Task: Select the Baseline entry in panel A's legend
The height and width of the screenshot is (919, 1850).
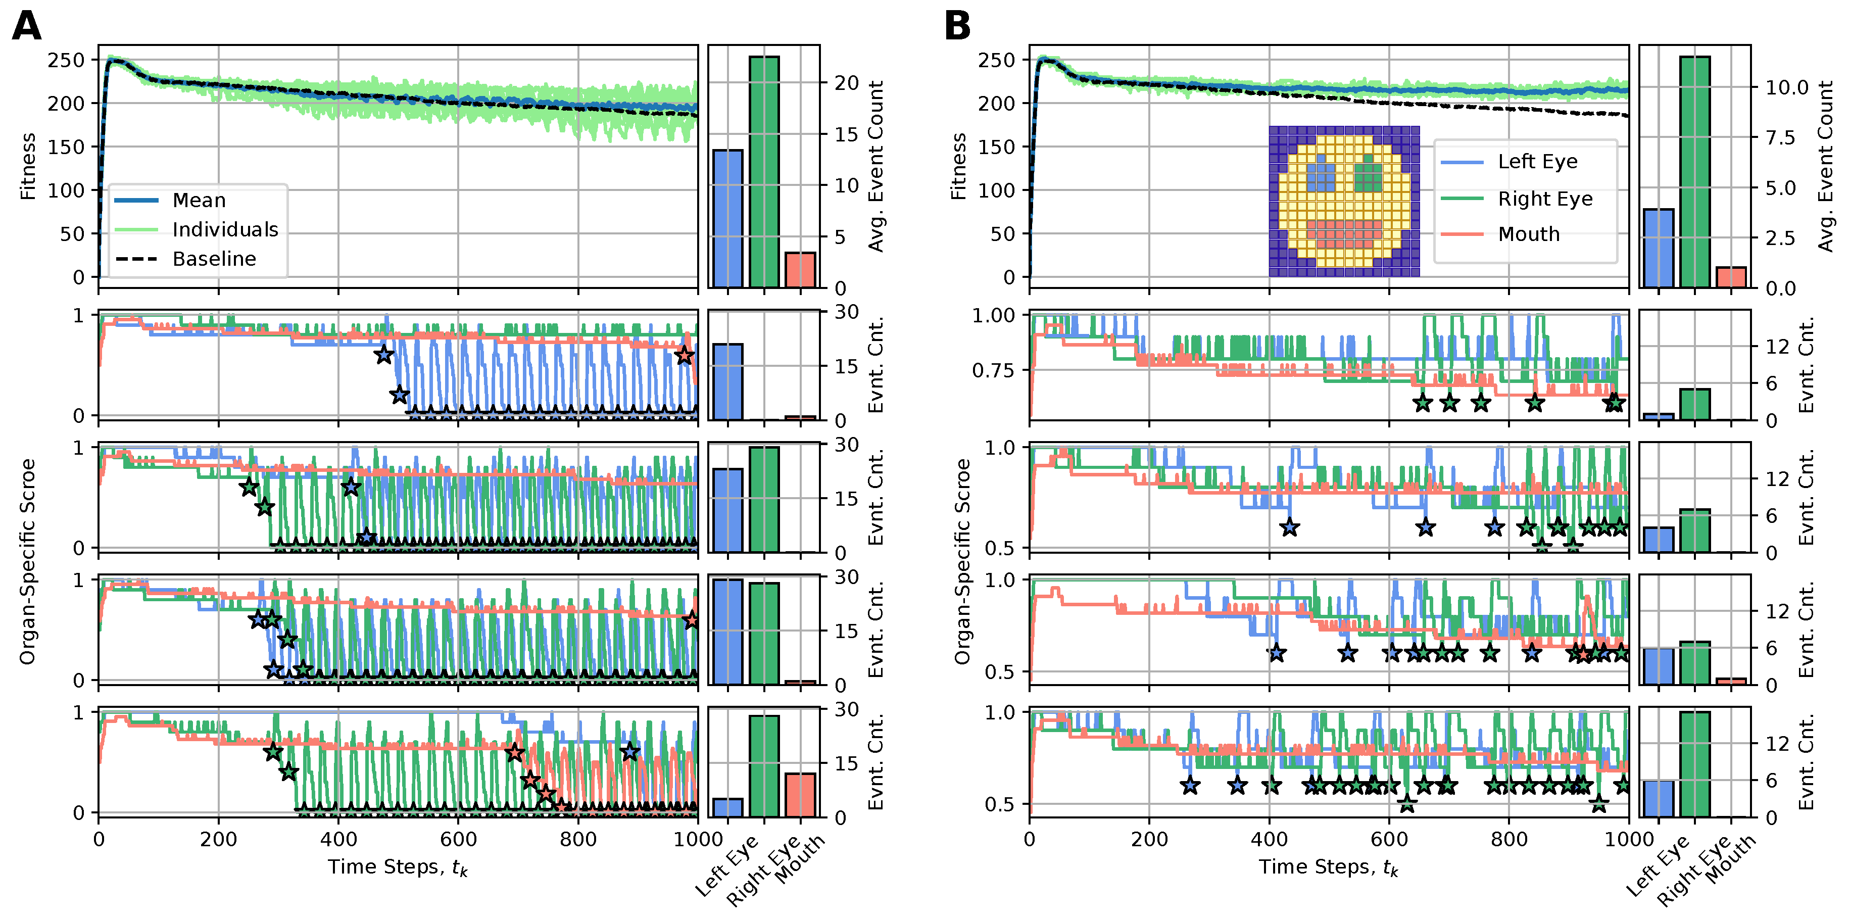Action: pyautogui.click(x=214, y=259)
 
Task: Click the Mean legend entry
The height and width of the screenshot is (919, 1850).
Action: pyautogui.click(x=199, y=200)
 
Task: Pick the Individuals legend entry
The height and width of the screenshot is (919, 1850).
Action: pyautogui.click(x=225, y=230)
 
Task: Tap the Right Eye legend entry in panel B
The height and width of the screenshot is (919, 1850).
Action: pyautogui.click(x=1545, y=199)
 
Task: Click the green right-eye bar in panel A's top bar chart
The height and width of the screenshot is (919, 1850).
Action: pyautogui.click(x=764, y=172)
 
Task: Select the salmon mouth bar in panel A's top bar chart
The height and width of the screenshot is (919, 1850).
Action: pyautogui.click(x=800, y=270)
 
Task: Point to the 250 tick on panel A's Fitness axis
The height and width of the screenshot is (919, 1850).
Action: pyautogui.click(x=66, y=60)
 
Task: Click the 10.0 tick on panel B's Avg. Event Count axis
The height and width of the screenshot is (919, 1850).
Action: pyautogui.click(x=1787, y=87)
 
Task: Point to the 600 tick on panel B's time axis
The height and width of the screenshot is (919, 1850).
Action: pyautogui.click(x=1388, y=839)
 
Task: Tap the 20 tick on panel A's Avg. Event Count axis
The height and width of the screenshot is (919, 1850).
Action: pyautogui.click(x=847, y=83)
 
